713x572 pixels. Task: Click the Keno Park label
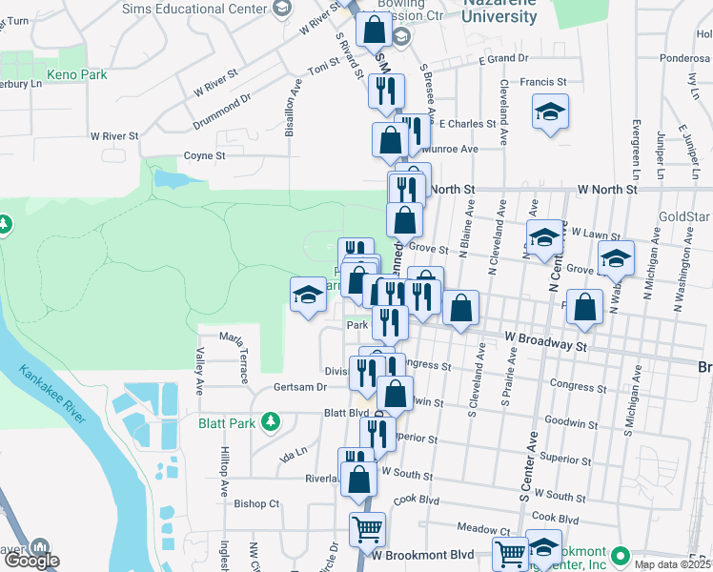(76, 74)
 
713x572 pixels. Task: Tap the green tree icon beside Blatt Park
(272, 420)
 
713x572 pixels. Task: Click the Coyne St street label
(204, 155)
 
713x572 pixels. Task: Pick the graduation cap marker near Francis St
(550, 112)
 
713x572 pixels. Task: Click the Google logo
(31, 561)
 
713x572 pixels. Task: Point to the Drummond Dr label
(220, 111)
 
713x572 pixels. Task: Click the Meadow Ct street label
(484, 528)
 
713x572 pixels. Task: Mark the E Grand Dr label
(503, 59)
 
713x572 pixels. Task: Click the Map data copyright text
(672, 564)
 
